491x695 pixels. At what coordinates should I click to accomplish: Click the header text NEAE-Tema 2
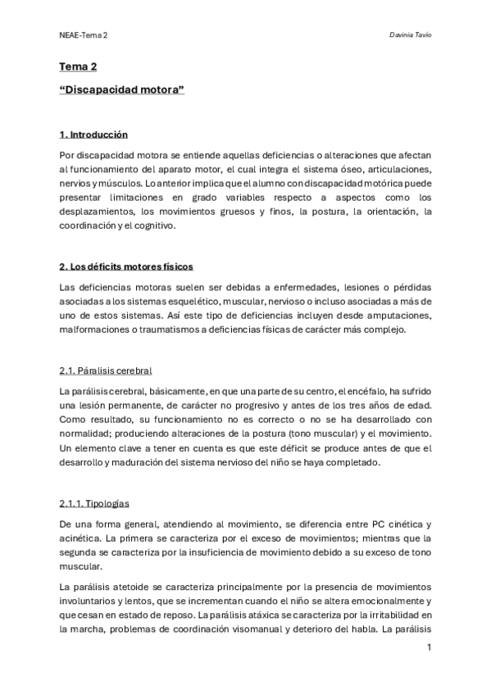coord(84,36)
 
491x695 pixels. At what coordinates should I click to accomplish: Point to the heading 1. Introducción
coord(93,134)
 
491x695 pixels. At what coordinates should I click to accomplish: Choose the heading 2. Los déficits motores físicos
coord(127,267)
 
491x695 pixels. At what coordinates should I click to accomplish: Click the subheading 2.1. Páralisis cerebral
coord(106,370)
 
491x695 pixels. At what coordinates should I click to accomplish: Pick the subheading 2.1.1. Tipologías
coord(94,503)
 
